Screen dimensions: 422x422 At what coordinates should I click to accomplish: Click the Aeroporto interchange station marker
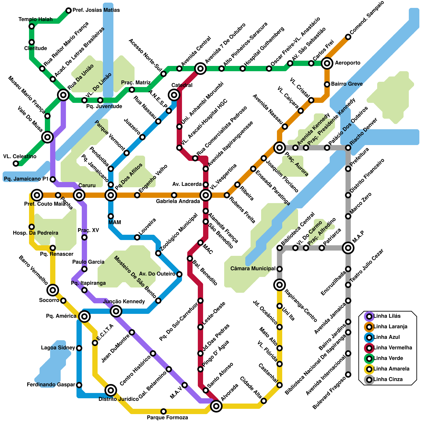click(327, 63)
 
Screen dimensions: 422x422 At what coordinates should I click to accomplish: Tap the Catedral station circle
click(174, 95)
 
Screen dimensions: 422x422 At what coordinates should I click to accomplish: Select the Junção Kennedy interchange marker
click(116, 311)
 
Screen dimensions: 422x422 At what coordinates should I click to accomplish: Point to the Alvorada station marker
click(216, 406)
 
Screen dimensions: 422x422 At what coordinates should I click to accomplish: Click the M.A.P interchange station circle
click(348, 248)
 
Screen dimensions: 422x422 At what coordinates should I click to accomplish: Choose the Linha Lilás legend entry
click(387, 316)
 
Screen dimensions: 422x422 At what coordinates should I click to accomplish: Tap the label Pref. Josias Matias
click(96, 10)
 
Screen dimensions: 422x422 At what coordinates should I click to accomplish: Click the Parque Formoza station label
click(167, 418)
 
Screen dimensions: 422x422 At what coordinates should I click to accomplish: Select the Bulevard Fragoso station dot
click(348, 375)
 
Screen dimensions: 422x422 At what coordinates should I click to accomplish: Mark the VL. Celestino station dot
click(16, 164)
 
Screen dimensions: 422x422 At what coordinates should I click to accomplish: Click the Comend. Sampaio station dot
click(348, 37)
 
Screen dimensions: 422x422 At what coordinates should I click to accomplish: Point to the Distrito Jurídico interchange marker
click(111, 390)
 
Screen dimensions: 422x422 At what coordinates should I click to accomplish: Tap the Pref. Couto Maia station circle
click(37, 195)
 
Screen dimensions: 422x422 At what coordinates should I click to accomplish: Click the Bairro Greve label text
click(347, 84)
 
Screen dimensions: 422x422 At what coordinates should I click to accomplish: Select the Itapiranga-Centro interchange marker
click(280, 285)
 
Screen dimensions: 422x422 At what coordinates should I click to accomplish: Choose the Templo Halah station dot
click(32, 26)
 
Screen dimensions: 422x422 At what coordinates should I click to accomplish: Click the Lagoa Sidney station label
click(58, 348)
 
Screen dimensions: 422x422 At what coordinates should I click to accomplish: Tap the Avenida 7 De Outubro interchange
click(200, 69)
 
